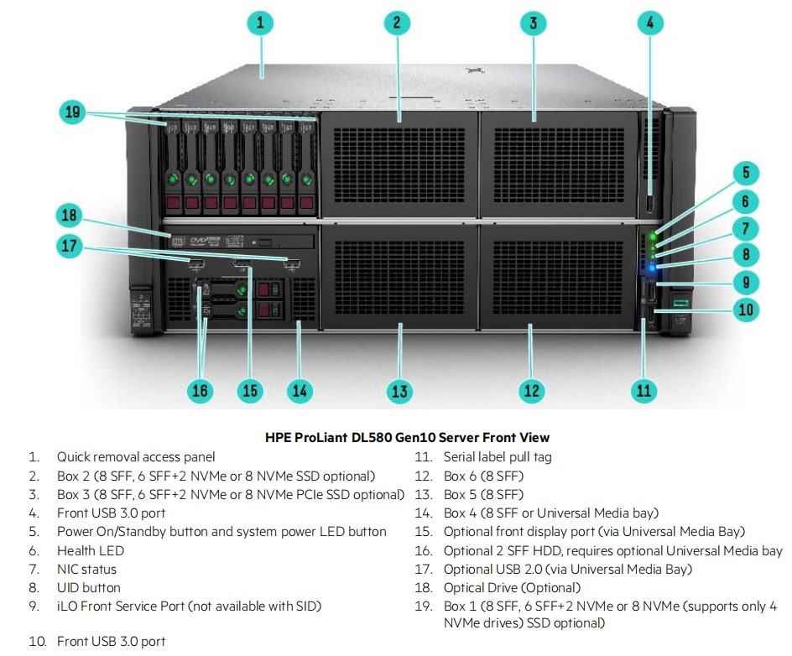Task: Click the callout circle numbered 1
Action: [260, 23]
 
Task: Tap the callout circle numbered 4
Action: [649, 23]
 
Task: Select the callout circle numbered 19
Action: [75, 112]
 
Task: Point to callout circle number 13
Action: [399, 390]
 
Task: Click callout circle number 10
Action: [744, 310]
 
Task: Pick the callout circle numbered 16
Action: [200, 390]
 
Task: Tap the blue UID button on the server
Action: [654, 268]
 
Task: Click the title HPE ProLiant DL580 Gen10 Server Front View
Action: [407, 437]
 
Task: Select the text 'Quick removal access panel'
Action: [136, 457]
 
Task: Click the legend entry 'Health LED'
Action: [90, 550]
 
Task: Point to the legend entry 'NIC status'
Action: [86, 569]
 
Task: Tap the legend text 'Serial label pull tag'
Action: [498, 457]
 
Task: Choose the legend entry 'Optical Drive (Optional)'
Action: [512, 587]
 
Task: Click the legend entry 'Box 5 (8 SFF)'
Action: [483, 494]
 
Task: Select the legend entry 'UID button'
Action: [88, 587]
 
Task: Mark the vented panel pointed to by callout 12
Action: [553, 277]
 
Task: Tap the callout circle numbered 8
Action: [744, 254]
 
